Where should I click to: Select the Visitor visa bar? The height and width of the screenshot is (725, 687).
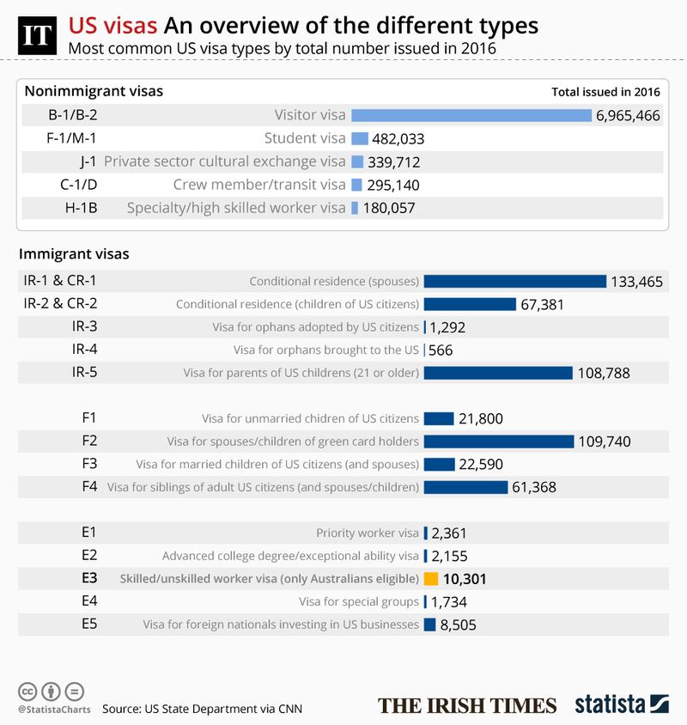[x=471, y=115]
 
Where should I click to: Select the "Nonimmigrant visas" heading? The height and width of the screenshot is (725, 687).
[x=94, y=91]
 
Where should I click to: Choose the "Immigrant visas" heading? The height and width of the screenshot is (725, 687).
[x=74, y=254]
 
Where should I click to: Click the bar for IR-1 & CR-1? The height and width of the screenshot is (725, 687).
[x=515, y=281]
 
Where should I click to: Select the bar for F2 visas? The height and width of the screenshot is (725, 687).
[x=499, y=442]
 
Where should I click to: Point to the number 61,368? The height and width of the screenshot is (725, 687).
[x=535, y=487]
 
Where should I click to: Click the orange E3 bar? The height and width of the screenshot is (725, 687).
[x=432, y=579]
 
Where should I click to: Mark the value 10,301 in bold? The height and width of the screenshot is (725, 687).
[x=470, y=579]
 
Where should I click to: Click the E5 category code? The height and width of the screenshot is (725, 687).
[x=88, y=624]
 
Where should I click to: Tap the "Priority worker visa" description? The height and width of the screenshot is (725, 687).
[x=368, y=533]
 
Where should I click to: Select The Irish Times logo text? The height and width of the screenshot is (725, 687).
[x=467, y=705]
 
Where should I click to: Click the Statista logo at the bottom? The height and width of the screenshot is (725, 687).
[x=618, y=704]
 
